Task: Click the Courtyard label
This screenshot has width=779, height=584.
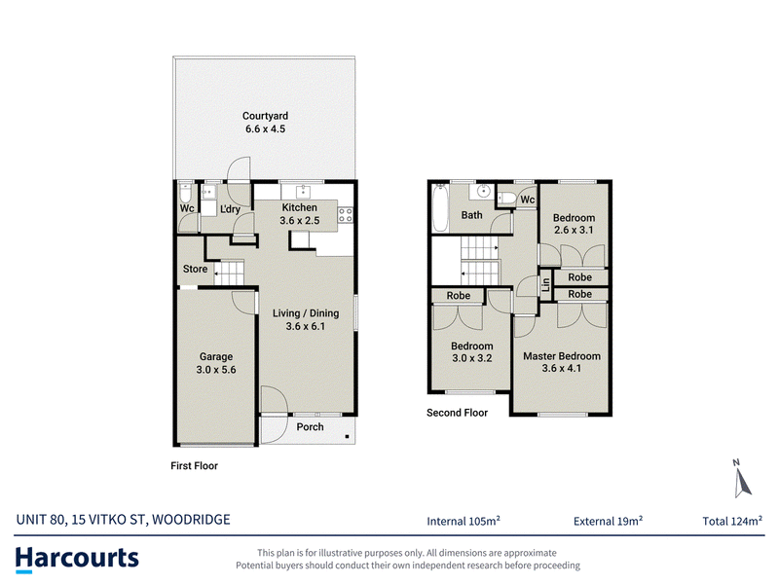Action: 265,116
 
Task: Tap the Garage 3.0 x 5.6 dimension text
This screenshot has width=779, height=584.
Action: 216,370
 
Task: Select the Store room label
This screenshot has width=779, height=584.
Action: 196,269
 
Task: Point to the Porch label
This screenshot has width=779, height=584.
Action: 310,426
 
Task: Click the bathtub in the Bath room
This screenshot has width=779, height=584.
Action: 440,207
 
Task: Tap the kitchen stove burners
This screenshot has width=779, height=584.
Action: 346,215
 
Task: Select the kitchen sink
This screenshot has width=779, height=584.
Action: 302,191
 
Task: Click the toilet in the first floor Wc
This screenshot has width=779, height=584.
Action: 185,192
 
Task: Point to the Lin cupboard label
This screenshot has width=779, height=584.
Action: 546,284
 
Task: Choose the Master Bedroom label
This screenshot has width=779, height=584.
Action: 562,356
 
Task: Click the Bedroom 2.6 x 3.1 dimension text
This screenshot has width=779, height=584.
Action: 574,230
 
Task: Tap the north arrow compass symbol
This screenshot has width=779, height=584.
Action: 742,479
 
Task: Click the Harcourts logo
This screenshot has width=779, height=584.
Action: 77,559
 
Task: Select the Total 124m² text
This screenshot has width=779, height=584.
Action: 732,521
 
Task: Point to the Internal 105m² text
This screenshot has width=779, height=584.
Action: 464,521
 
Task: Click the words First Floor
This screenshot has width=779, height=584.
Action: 194,466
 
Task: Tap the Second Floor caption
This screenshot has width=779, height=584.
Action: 457,413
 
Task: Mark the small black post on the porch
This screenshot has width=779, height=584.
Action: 347,436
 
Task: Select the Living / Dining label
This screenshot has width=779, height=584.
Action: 306,313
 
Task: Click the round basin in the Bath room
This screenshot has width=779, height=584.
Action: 483,191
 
